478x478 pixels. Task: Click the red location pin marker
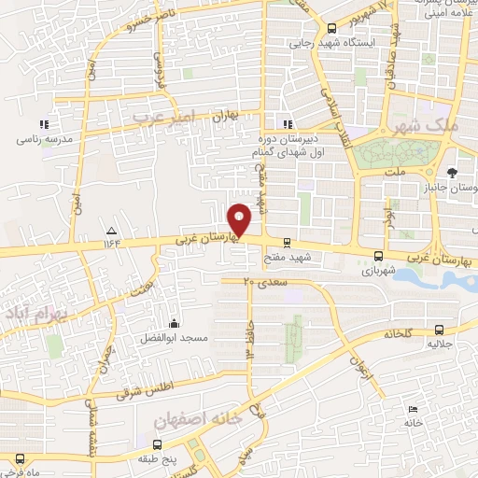pyautogui.click(x=240, y=220)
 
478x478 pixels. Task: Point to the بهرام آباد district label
pyautogui.click(x=33, y=311)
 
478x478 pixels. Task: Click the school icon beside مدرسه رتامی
pyautogui.click(x=42, y=124)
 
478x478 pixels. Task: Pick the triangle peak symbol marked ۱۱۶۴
pyautogui.click(x=112, y=230)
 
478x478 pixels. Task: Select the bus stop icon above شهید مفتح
pyautogui.click(x=287, y=241)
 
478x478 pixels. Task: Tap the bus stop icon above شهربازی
pyautogui.click(x=378, y=255)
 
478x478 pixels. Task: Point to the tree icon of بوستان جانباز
pyautogui.click(x=452, y=173)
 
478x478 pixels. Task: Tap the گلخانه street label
pyautogui.click(x=398, y=332)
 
